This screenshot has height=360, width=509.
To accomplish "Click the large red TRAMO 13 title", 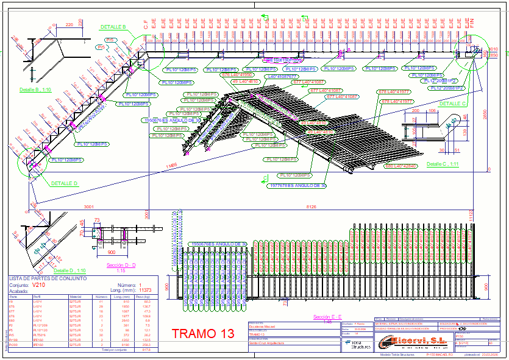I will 203,334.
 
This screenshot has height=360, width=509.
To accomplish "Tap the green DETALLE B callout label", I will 113,27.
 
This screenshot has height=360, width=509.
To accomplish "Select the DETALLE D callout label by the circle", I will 64,183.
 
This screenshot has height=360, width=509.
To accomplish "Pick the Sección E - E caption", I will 323,317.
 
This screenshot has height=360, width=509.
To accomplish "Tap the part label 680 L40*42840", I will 400,166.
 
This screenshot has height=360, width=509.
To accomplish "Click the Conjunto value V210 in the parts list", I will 39,285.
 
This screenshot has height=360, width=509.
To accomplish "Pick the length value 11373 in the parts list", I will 145,291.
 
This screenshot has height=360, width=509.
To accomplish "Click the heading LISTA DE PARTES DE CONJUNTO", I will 47,278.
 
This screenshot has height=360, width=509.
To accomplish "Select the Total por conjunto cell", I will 116,350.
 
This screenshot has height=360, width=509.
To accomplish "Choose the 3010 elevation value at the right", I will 493,49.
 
